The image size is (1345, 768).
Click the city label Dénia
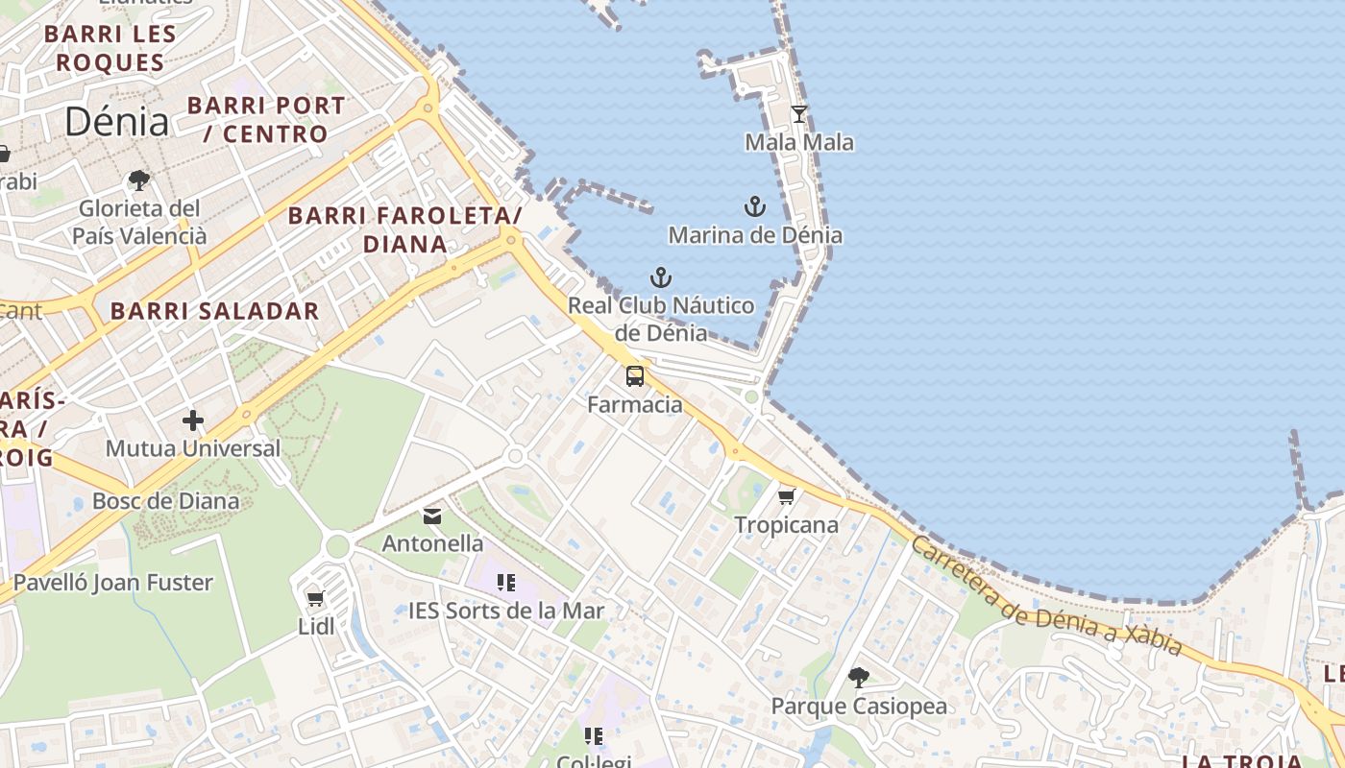(x=117, y=122)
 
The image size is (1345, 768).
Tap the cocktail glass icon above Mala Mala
(x=799, y=114)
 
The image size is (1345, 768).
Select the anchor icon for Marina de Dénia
(x=755, y=206)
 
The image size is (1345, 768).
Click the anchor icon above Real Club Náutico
(x=660, y=278)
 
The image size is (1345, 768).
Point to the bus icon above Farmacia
(x=635, y=375)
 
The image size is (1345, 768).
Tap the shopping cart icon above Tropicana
(x=787, y=496)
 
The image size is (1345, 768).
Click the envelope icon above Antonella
(x=432, y=516)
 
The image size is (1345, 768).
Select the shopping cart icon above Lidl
(x=315, y=599)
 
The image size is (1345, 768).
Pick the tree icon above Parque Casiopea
(x=859, y=678)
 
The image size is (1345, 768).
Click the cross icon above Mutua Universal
(x=193, y=420)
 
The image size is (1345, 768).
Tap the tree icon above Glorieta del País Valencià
(x=139, y=180)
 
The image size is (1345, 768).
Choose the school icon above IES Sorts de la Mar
(x=506, y=582)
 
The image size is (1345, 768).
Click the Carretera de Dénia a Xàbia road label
(x=1045, y=596)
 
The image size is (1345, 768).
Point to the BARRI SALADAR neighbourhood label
(x=214, y=311)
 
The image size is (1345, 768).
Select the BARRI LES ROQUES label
(x=110, y=49)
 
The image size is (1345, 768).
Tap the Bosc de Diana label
(x=165, y=500)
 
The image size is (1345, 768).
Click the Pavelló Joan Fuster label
(x=112, y=582)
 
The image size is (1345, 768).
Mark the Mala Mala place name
(x=799, y=143)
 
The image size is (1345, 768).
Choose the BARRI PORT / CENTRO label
(x=266, y=119)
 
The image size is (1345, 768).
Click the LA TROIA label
(x=1242, y=761)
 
